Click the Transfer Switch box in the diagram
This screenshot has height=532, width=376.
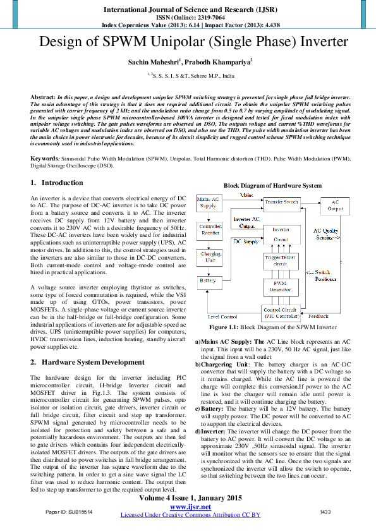coord(281,202)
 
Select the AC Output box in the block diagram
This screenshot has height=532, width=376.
coord(335,205)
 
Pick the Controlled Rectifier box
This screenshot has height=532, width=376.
coord(210,229)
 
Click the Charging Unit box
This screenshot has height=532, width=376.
coord(210,257)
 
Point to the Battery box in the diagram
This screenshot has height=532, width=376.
coord(208,280)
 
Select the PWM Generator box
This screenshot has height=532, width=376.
coord(281,287)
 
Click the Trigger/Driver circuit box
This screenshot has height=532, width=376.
coord(281,260)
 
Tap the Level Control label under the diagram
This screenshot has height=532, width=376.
coord(222,316)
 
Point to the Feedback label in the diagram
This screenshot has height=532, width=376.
coord(318,315)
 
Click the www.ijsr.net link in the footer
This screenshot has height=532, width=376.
coord(190,507)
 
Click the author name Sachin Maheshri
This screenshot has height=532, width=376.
coord(155,63)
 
